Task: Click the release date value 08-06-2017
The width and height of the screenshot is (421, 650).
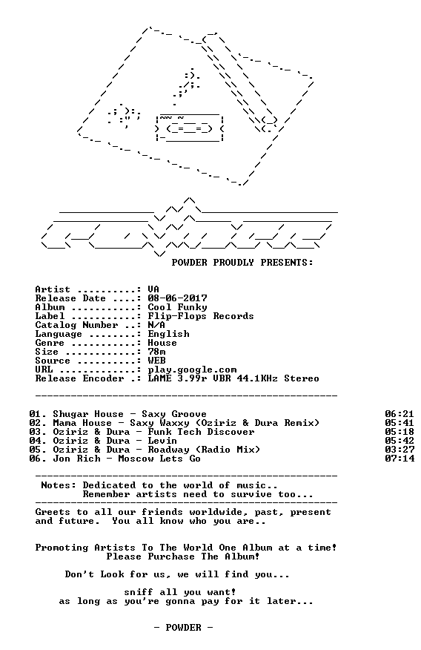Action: tap(178, 298)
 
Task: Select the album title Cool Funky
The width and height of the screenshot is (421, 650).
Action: tap(178, 307)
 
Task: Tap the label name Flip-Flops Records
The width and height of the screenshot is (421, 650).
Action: tap(201, 316)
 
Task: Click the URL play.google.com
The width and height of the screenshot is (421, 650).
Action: tap(193, 370)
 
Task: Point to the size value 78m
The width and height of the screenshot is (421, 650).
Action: tap(157, 352)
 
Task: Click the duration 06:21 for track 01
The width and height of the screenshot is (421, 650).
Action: tap(400, 414)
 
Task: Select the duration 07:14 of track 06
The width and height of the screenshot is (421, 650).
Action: tap(400, 459)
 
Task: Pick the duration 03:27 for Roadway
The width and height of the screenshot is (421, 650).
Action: tap(400, 450)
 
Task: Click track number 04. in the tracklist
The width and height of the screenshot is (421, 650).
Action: tap(38, 441)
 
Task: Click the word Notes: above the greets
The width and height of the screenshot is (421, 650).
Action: tap(59, 485)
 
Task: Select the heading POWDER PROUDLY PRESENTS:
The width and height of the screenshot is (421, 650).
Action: tap(242, 263)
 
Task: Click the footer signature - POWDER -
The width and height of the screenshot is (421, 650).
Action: tap(183, 628)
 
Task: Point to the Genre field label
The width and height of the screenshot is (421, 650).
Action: tap(50, 343)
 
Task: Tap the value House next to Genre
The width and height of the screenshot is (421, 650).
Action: tap(162, 343)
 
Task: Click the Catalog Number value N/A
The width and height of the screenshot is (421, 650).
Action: tap(157, 325)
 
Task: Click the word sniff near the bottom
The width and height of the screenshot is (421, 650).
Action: tap(139, 592)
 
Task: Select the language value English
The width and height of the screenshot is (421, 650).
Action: tap(169, 334)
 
